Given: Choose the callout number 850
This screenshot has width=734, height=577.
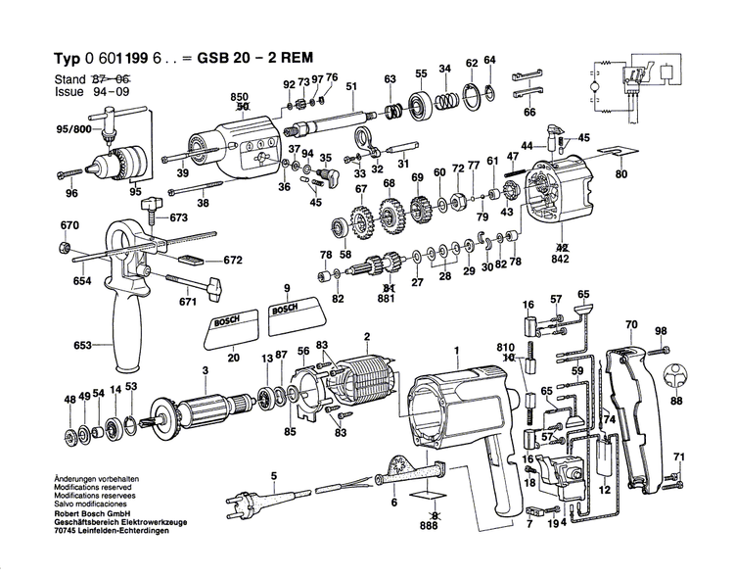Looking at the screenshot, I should pos(239,96).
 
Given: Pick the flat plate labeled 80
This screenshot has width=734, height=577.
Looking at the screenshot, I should pos(616,152).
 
